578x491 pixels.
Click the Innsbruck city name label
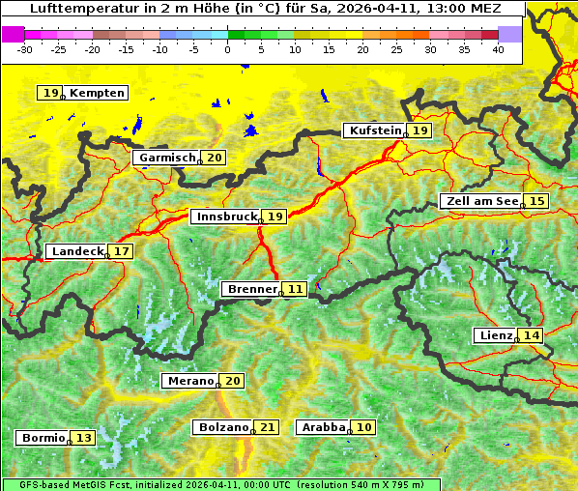pos(226,217)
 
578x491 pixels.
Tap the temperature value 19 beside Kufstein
pos(419,130)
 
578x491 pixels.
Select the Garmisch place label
pos(167,158)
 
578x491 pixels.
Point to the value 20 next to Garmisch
pos(214,158)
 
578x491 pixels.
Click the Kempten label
pos(98,93)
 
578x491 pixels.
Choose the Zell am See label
pos(480,201)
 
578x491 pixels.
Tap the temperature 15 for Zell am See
pos(537,201)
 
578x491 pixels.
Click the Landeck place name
pos(77,251)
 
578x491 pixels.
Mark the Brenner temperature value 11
pos(295,289)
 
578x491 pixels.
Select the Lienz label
pos(496,335)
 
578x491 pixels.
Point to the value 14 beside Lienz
pos(532,335)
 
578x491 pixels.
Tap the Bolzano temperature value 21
pos(268,426)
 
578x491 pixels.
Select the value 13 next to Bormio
pos(84,438)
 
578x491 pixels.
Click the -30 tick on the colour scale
pos(25,49)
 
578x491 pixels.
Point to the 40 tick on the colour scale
pos(498,49)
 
